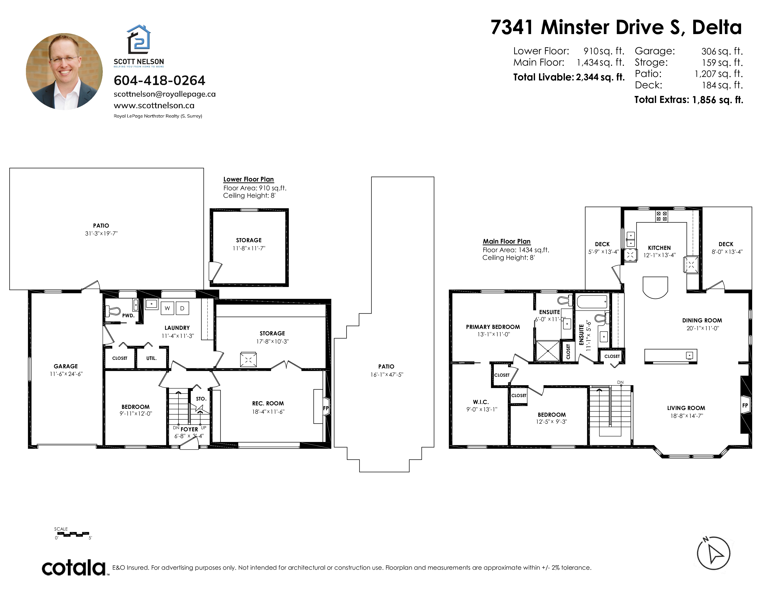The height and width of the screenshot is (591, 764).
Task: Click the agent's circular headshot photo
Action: tap(64, 71)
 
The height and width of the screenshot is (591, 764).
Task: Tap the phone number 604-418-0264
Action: tap(160, 80)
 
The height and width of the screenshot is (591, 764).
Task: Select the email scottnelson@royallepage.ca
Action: tap(164, 94)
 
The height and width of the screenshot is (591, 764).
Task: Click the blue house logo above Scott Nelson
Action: tap(138, 38)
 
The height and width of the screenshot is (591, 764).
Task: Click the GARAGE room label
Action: tap(66, 366)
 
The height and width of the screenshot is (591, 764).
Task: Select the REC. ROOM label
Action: tap(268, 403)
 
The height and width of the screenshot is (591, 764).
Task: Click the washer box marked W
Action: tap(167, 308)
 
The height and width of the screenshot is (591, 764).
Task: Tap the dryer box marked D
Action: tap(182, 308)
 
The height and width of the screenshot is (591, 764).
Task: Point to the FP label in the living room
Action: tap(745, 405)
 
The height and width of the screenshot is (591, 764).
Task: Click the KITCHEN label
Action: tap(659, 248)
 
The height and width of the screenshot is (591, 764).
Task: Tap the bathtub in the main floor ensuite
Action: tap(592, 302)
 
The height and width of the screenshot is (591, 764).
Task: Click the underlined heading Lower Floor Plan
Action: tap(248, 179)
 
